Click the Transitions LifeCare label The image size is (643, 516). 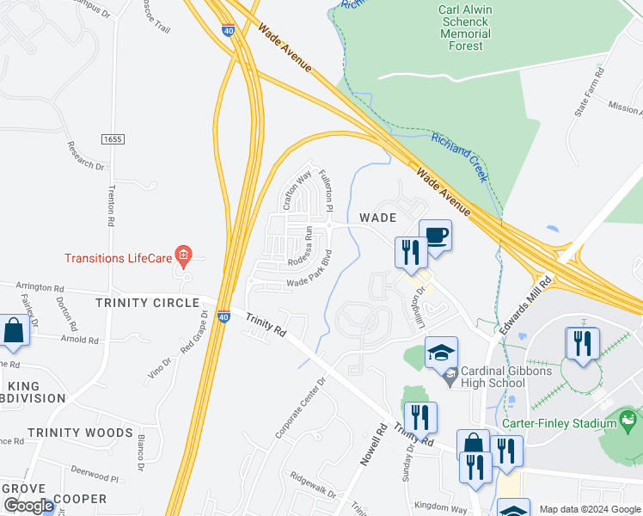tap(119, 258)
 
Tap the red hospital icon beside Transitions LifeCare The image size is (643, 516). tap(182, 255)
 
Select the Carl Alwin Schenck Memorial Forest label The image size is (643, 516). tap(465, 28)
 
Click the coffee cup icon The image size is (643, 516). tap(436, 236)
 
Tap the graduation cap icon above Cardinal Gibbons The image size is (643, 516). tap(442, 353)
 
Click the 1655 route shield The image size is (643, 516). tap(111, 138)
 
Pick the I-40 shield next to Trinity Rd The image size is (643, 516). tap(224, 317)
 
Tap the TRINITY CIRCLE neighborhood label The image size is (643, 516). tap(147, 303)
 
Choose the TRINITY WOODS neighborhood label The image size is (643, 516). tap(80, 433)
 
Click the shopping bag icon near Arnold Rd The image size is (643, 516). tap(14, 330)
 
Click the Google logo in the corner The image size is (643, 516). tap(28, 505)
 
